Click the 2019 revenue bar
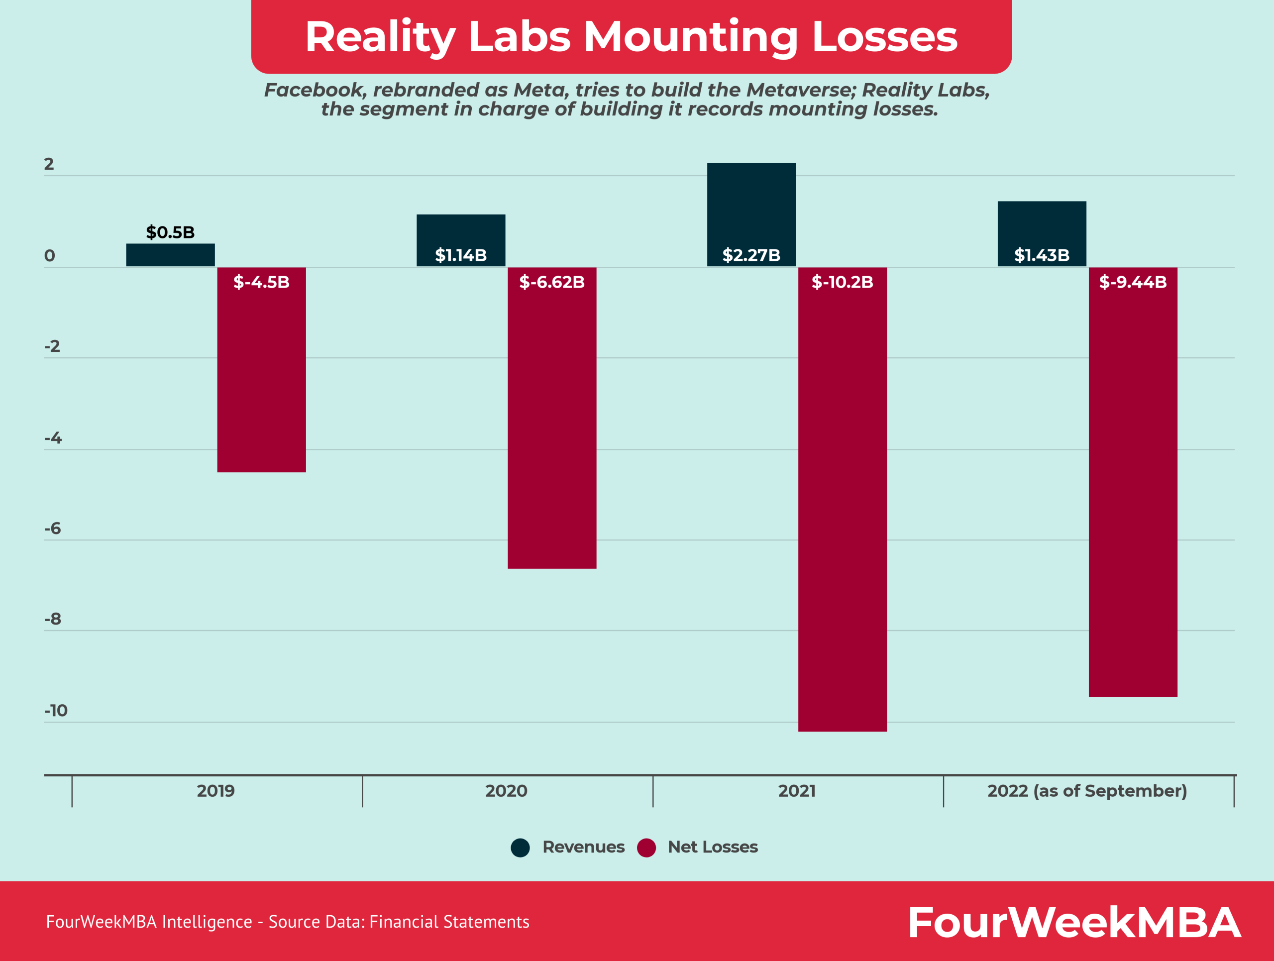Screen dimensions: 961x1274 click(x=171, y=255)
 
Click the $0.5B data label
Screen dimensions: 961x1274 click(x=171, y=232)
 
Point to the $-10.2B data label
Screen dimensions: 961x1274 click(x=842, y=282)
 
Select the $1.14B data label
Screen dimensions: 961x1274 click(x=461, y=255)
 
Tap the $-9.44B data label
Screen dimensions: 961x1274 click(x=1132, y=282)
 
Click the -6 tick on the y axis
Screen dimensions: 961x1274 click(x=52, y=529)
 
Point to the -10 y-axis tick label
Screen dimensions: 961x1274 click(x=56, y=711)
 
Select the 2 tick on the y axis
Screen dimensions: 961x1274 click(x=49, y=164)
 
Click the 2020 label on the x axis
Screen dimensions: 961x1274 click(x=506, y=791)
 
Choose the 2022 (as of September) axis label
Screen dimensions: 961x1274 click(x=1087, y=791)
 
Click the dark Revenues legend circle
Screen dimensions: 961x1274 click(x=520, y=848)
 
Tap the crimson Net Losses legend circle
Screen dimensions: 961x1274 click(x=646, y=848)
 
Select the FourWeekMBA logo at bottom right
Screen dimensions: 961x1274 click(x=1074, y=922)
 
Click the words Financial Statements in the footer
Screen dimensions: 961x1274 click(x=449, y=922)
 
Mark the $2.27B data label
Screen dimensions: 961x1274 click(x=751, y=255)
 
